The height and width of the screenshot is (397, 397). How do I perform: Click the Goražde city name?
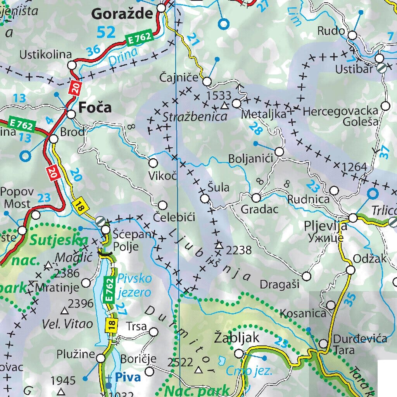coord(122,14)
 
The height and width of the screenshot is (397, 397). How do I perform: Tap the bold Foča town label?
coord(95,107)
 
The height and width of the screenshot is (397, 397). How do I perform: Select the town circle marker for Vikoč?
coord(154,163)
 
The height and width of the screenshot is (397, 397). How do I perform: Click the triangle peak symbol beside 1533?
coord(224,105)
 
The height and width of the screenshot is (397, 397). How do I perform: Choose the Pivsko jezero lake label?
coord(134,285)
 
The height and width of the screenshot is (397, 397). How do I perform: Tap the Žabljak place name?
coord(236,338)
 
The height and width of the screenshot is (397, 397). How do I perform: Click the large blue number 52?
coord(106,32)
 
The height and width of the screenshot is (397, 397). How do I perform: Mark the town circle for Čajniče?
coord(207,82)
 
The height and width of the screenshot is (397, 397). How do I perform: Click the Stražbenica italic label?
coord(195,116)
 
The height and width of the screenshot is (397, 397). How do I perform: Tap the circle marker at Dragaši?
coord(306,276)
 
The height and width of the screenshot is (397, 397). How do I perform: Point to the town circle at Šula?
coord(205,199)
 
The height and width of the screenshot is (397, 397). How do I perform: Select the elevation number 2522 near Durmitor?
coord(180,362)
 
